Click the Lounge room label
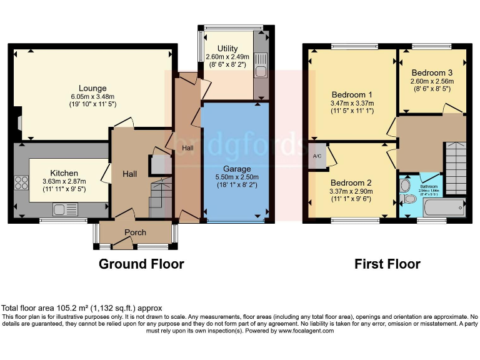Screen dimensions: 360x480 click(92, 88)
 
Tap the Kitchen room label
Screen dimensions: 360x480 click(64, 173)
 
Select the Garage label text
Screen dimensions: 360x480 click(237, 169)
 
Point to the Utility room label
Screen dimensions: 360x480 click(227, 49)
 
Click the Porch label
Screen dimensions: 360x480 click(135, 232)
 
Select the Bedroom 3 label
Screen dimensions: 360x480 click(431, 72)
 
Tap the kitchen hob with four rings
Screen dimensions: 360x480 click(22, 183)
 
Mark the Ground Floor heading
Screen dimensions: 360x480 click(141, 264)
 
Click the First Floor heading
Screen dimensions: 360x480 click(387, 264)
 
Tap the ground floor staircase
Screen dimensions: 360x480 click(160, 194)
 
